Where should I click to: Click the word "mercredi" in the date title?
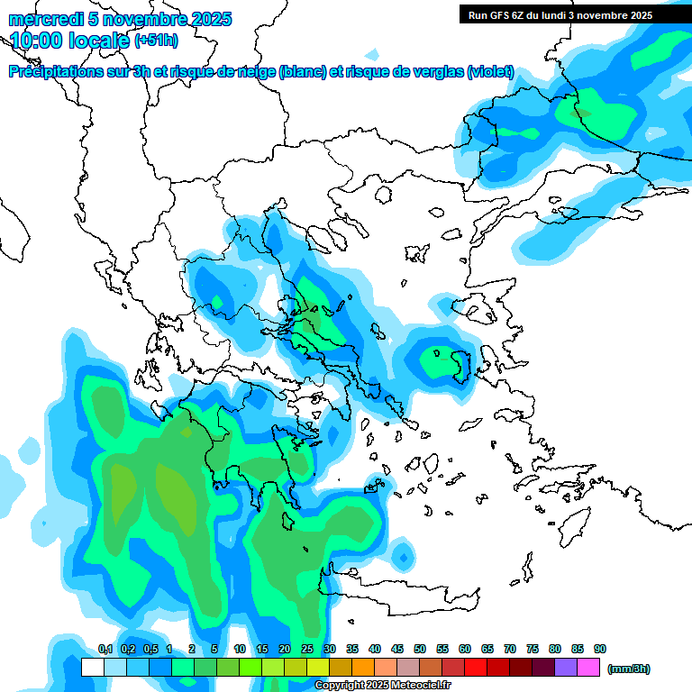[x=41, y=19]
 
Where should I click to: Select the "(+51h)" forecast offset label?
[x=156, y=41]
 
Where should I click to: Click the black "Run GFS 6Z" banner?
[x=555, y=15]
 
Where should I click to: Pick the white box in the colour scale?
[x=92, y=668]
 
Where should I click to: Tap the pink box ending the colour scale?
[x=589, y=668]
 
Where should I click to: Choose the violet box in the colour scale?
[x=566, y=668]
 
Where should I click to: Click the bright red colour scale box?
[x=476, y=668]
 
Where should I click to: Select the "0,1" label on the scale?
[x=105, y=650]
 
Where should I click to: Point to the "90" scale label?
[x=600, y=650]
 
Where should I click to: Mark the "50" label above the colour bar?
[x=420, y=650]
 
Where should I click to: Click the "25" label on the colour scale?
[x=307, y=650]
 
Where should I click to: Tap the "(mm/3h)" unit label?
[x=629, y=669]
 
